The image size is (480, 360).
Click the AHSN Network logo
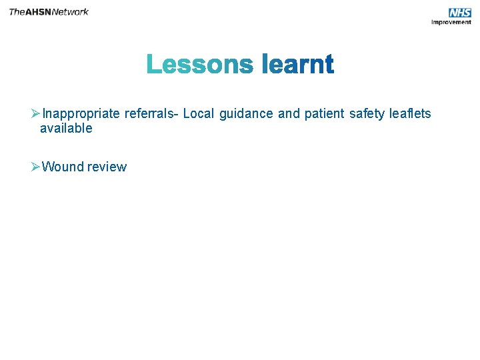[x=49, y=12]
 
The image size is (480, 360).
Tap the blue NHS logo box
[x=459, y=13]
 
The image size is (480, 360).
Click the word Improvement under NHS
[x=451, y=22]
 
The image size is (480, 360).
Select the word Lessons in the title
[x=200, y=65]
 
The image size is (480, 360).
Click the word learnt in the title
[x=297, y=65]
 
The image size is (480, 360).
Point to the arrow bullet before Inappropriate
[x=36, y=114]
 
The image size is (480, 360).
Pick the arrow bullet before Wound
[x=36, y=167]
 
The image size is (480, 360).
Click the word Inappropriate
[x=81, y=114]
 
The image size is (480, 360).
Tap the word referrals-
[x=151, y=114]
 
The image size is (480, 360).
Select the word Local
[x=198, y=114]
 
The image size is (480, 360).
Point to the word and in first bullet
[x=289, y=114]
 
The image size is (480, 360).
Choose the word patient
[x=324, y=114]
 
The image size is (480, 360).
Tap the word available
[x=66, y=129]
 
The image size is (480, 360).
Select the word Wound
[x=63, y=167]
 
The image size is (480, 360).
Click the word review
[x=107, y=167]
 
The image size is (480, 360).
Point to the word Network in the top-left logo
[x=71, y=12]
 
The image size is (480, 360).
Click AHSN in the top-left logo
[x=37, y=12]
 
